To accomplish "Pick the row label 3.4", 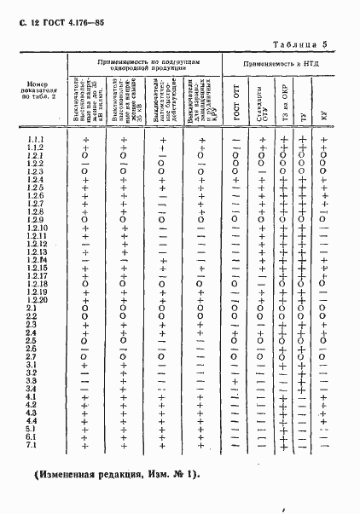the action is (32, 389).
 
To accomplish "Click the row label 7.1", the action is (32, 445).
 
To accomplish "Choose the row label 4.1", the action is (32, 397).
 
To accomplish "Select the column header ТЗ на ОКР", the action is (282, 102).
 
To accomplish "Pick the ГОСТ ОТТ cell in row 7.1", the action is (235, 445).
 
